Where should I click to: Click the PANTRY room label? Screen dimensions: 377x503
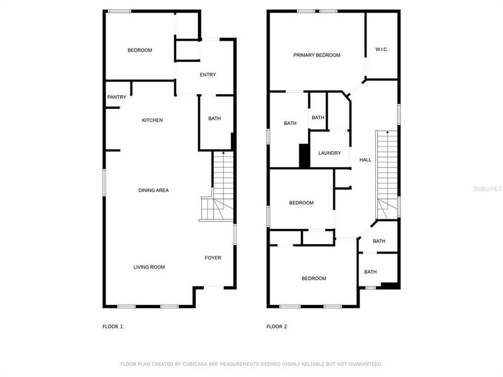[116, 97]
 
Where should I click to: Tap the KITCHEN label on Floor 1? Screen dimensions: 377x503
[152, 120]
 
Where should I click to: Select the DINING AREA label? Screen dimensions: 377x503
[154, 191]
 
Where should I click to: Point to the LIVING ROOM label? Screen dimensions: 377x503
[149, 267]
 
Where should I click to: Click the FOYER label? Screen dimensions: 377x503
[213, 258]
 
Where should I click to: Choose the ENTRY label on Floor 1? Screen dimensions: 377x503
[207, 75]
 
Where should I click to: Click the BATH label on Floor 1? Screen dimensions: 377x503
[214, 118]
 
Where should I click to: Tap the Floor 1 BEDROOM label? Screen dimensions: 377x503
[139, 50]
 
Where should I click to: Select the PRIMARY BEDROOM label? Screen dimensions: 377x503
[316, 55]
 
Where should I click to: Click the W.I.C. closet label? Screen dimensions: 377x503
[381, 50]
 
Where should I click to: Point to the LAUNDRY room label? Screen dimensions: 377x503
[330, 153]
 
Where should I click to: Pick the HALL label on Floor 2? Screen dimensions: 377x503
[365, 160]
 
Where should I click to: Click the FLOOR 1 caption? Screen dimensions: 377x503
[113, 327]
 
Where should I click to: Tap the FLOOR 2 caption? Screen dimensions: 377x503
[277, 327]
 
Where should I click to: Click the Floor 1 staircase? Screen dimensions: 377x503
[220, 183]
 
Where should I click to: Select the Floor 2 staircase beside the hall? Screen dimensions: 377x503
[387, 173]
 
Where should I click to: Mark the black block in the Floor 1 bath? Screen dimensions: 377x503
[232, 141]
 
